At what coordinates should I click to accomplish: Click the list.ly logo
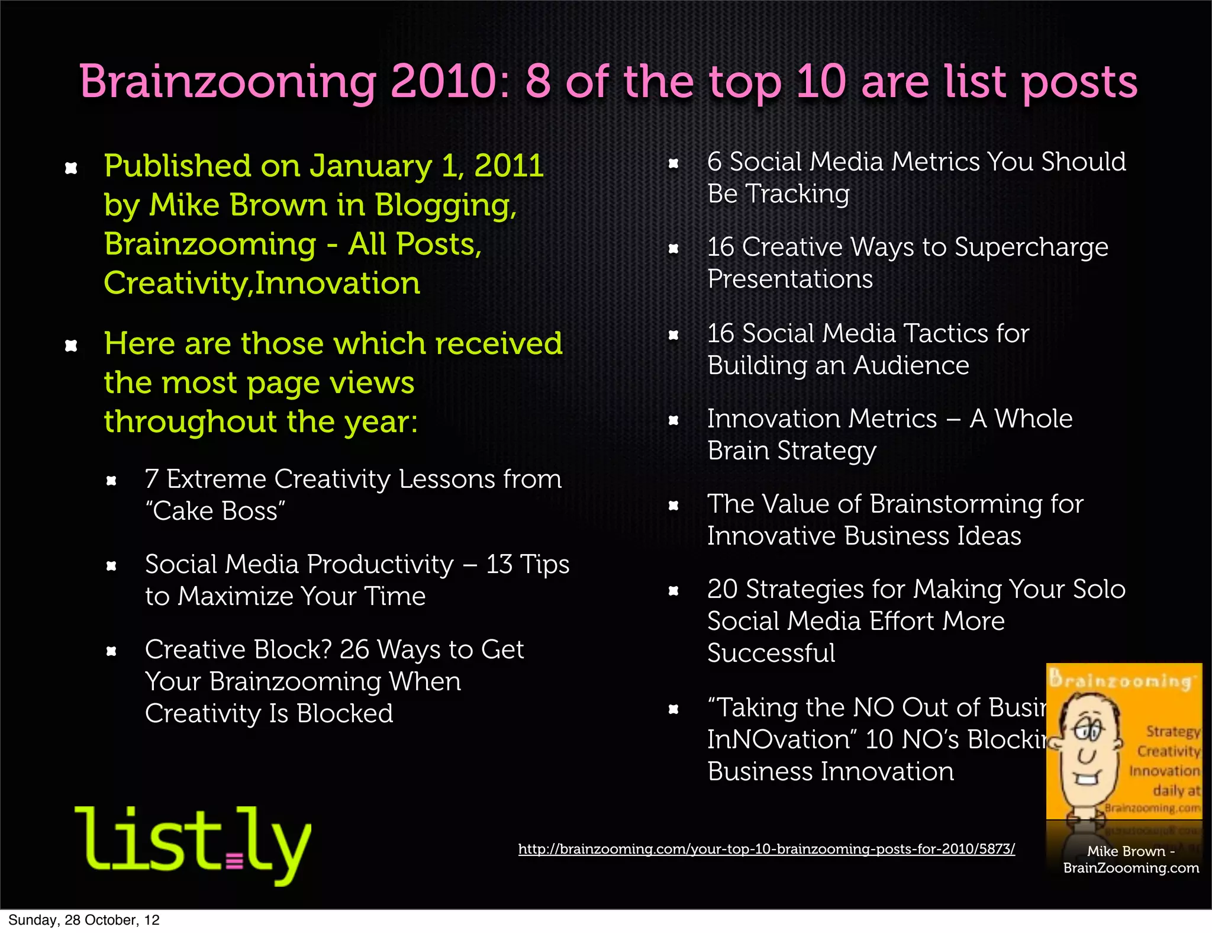point(193,844)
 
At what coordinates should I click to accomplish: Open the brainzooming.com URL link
point(766,849)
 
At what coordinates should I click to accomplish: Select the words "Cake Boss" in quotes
point(215,511)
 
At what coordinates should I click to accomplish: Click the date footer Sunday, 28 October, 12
point(84,920)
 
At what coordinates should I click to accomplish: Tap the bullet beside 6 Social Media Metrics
point(673,163)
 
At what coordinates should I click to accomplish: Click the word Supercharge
point(1031,247)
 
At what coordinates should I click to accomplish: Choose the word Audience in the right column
point(911,365)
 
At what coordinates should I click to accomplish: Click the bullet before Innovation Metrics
point(673,421)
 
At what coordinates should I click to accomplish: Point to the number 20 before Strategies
point(722,589)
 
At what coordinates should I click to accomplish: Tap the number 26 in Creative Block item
point(354,649)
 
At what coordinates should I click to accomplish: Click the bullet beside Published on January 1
point(71,168)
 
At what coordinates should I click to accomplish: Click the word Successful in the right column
point(771,653)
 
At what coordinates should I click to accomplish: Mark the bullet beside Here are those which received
point(71,346)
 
